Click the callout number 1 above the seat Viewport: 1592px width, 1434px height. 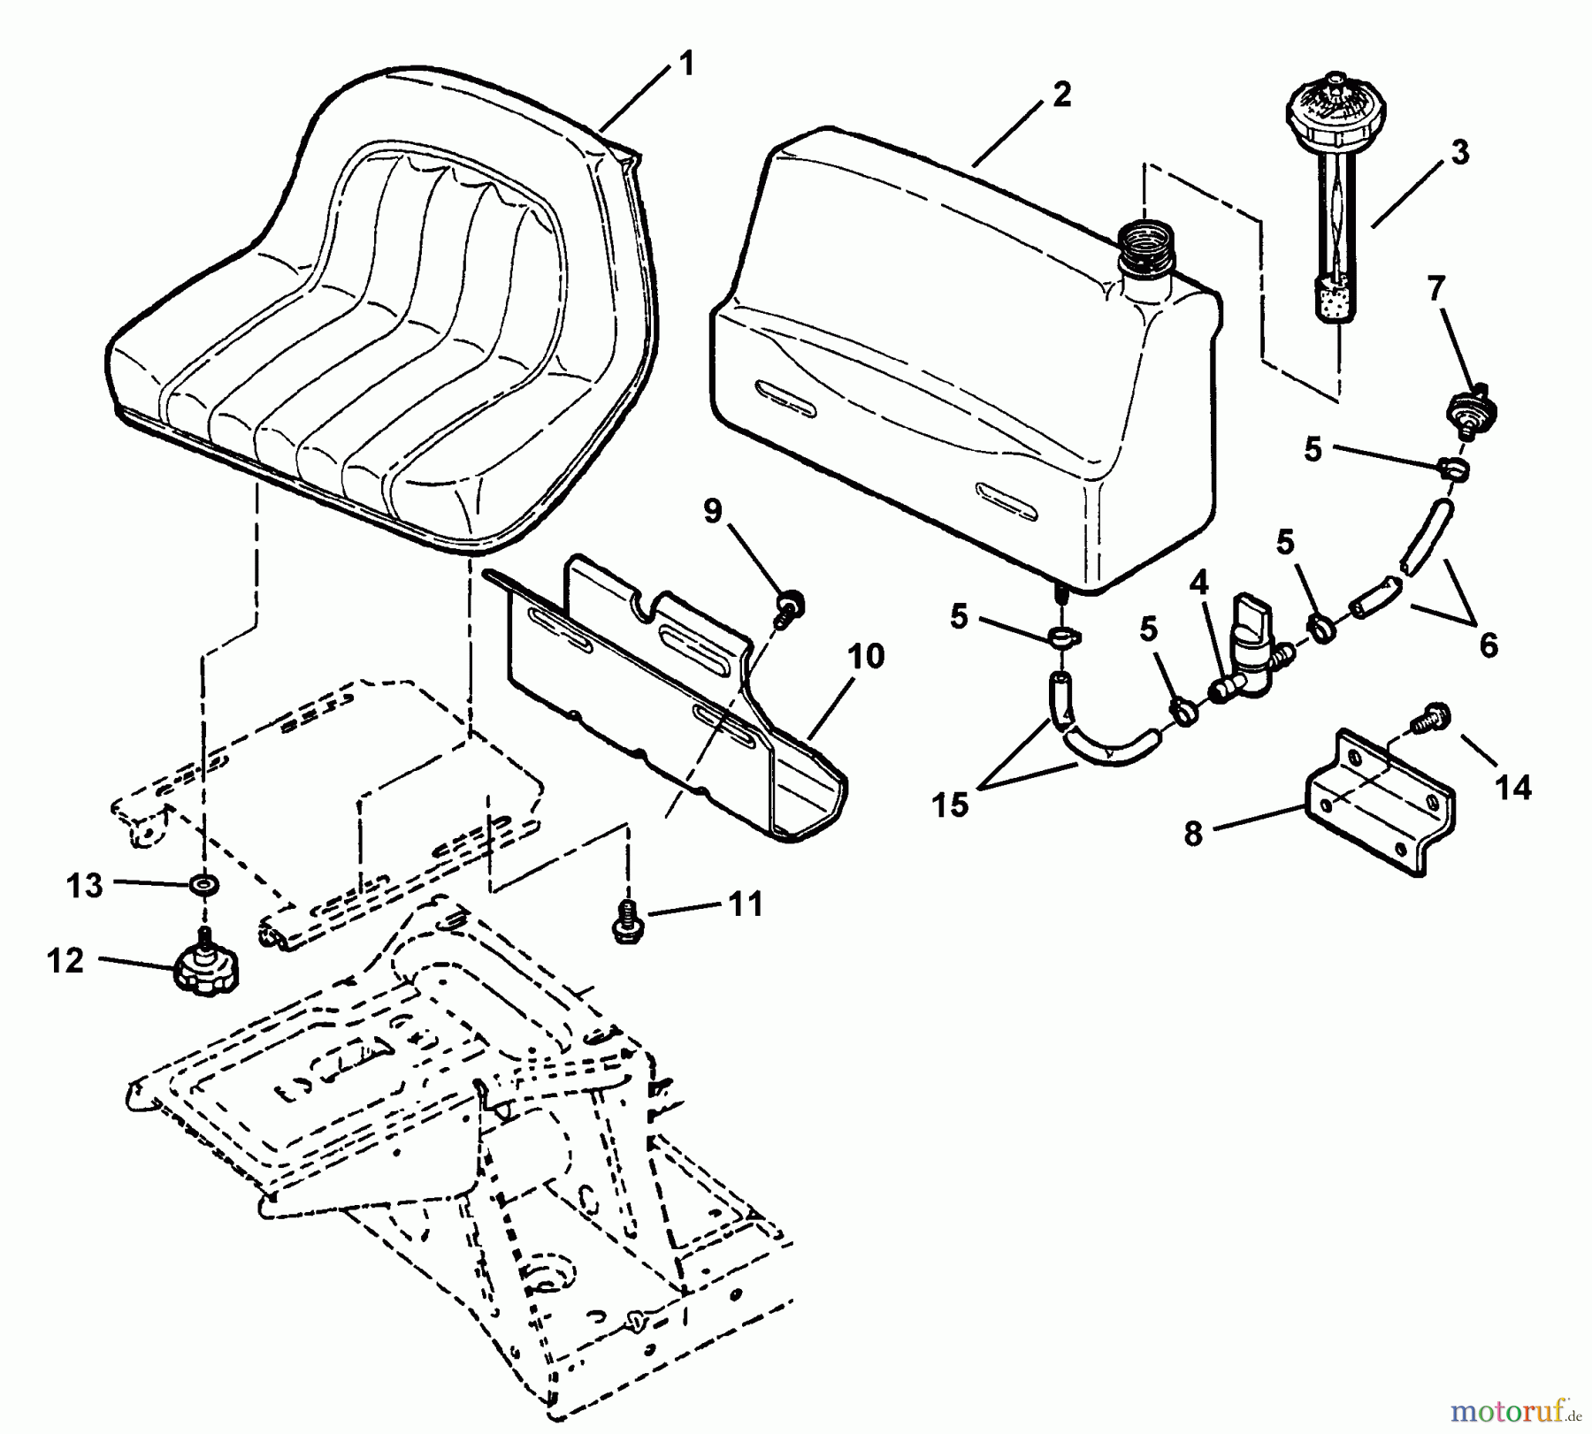pos(686,64)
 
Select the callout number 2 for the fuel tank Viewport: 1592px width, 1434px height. pos(1062,95)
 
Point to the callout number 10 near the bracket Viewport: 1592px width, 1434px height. pos(866,657)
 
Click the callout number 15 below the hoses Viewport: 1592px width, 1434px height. pos(950,805)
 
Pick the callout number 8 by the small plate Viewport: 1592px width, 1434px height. pos(1194,833)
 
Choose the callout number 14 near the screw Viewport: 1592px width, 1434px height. pos(1513,787)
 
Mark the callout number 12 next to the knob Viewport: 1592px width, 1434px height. pos(65,960)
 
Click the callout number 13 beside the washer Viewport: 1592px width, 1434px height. pos(85,885)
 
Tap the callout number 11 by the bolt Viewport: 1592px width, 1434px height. pos(745,904)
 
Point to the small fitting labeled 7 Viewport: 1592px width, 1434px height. pos(1472,408)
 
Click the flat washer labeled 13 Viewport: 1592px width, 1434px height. pos(205,883)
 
